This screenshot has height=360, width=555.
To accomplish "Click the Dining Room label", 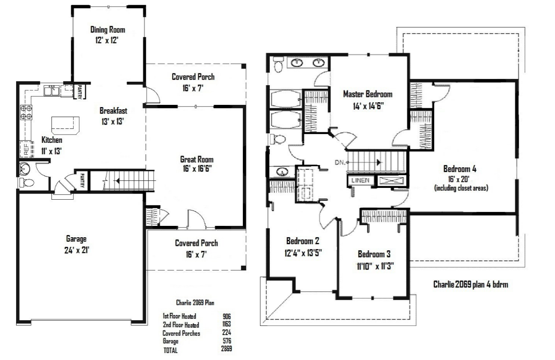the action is tap(107, 30).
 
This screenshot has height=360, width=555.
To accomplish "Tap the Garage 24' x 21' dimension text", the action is tap(77, 250).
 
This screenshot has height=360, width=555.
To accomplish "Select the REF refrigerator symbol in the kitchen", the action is tap(27, 149).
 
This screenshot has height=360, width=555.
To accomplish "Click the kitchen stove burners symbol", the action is tap(26, 112).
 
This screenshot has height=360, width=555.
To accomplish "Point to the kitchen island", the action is tap(65, 125).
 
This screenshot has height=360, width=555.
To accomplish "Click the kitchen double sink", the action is tap(52, 90).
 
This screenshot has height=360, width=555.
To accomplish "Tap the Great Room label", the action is tap(197, 159).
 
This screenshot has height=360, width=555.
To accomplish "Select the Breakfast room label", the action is tap(114, 111).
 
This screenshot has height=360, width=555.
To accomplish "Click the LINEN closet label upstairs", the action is tap(361, 180).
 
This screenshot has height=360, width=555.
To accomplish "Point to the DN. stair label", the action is tap(340, 163).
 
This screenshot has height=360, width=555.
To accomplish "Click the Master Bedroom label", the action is tap(368, 94).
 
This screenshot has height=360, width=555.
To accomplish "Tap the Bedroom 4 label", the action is tap(460, 169).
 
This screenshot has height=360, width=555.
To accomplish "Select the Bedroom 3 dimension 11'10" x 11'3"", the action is tap(376, 266).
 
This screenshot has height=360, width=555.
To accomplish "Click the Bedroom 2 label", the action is tap(303, 241).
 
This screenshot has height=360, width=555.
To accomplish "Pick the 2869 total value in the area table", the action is tap(227, 349).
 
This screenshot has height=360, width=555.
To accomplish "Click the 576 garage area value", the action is tap(227, 340).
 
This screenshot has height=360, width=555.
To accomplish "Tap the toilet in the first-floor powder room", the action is tap(27, 183).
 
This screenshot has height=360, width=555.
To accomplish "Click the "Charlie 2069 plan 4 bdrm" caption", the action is tap(471, 284).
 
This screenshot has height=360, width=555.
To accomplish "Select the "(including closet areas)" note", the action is tap(461, 188).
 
